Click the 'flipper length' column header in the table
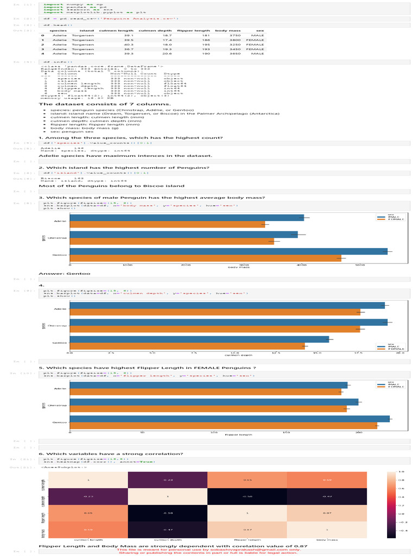click(193, 30)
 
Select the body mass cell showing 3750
click(220, 35)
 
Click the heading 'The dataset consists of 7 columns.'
click(105, 104)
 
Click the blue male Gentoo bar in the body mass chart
click(229, 251)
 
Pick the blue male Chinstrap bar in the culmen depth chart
click(228, 322)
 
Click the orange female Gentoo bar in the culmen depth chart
click(187, 346)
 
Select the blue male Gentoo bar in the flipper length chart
click(230, 419)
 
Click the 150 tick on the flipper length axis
click(286, 432)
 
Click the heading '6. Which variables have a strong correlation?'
click(110, 453)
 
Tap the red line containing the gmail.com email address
click(208, 549)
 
